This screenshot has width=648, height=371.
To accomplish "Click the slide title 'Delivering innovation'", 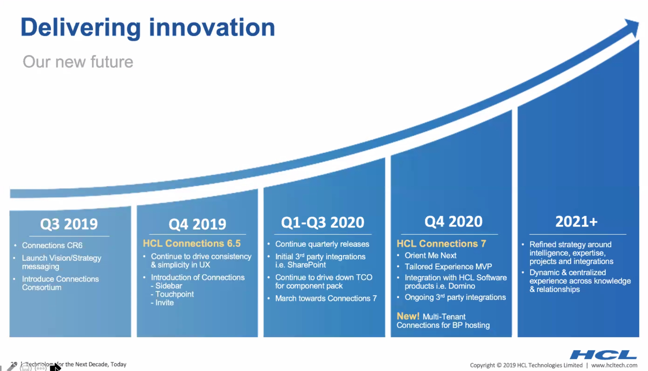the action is click(x=148, y=27).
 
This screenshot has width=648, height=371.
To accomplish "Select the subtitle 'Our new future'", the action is click(x=78, y=62).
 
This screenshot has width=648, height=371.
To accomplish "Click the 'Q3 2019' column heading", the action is click(x=69, y=224).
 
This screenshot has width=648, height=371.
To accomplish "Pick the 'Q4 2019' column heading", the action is click(x=197, y=224).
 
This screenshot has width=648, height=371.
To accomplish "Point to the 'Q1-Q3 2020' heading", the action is click(x=323, y=222).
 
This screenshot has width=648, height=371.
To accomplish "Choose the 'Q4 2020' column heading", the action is click(x=453, y=221).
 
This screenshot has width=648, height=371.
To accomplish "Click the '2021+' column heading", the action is click(x=576, y=221).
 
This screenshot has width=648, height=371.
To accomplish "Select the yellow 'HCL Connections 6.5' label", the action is click(x=192, y=243).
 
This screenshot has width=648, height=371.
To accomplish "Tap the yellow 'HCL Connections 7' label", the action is click(x=441, y=243).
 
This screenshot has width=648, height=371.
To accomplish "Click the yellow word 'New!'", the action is click(x=408, y=316).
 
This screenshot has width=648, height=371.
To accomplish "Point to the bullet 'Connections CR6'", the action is click(x=52, y=245).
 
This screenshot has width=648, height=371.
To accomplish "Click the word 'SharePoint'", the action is click(x=307, y=265).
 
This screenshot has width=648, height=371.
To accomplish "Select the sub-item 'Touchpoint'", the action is click(x=174, y=294).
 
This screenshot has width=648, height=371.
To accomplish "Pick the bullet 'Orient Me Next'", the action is click(x=430, y=256).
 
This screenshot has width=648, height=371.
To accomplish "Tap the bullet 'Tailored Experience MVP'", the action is click(x=448, y=266).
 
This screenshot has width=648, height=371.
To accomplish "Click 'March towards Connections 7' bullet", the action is click(x=326, y=298).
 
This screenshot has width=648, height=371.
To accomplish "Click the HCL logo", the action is click(x=603, y=355).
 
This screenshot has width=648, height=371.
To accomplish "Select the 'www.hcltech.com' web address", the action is click(x=614, y=365).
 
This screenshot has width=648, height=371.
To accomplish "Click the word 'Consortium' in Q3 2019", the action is click(x=42, y=287).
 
